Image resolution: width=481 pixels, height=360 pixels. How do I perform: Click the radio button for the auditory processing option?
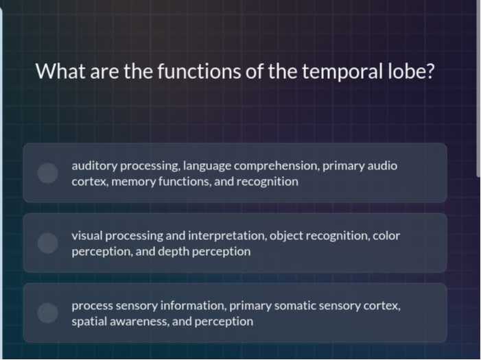pyautogui.click(x=47, y=173)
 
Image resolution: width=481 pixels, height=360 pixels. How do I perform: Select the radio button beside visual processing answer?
pyautogui.click(x=47, y=243)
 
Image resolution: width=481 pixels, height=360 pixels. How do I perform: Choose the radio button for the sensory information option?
pyautogui.click(x=47, y=313)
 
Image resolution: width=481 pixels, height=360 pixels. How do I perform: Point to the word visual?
pyautogui.click(x=87, y=235)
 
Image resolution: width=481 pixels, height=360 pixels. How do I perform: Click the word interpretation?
pyautogui.click(x=225, y=235)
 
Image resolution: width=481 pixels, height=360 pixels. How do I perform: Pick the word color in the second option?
pyautogui.click(x=386, y=235)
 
